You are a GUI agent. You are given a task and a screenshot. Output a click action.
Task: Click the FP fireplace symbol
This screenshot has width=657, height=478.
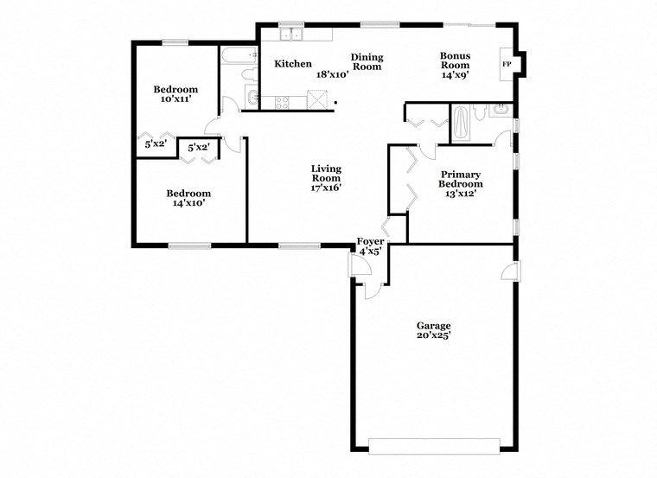(x=507, y=65)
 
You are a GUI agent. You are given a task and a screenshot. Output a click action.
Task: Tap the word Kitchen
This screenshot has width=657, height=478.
(x=293, y=64)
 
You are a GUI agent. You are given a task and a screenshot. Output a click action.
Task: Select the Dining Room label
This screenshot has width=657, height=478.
(x=367, y=62)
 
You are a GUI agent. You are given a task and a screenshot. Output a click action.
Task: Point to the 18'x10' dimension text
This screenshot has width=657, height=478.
(x=332, y=75)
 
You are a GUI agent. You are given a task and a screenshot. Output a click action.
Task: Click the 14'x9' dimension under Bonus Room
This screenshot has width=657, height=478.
(x=455, y=75)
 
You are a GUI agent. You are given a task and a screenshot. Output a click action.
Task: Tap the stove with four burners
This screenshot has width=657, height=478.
(x=283, y=101)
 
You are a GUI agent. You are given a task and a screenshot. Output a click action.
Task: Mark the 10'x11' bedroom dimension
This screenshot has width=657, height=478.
(x=175, y=99)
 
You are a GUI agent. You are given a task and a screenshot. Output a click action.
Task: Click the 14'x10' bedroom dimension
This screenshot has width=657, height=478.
(x=188, y=204)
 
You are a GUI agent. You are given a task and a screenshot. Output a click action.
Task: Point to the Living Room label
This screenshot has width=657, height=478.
(x=326, y=174)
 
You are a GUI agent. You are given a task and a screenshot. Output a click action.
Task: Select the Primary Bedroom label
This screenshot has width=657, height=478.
(x=461, y=179)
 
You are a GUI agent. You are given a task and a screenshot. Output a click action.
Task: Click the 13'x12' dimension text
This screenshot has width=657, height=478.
(x=461, y=194)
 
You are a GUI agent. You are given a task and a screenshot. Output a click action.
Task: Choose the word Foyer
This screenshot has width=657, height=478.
(x=370, y=241)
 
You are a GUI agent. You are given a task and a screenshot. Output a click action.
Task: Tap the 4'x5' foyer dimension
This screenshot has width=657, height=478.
(x=370, y=252)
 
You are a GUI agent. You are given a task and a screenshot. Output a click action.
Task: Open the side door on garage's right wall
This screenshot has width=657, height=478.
(x=511, y=271)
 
